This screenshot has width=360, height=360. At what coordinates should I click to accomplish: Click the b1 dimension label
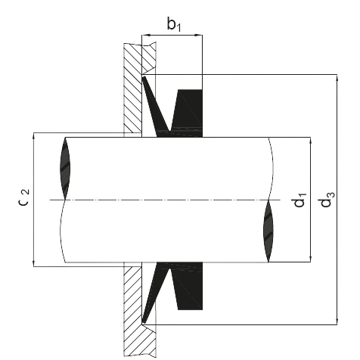click(x=174, y=24)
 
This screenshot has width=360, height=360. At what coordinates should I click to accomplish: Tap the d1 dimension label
click(x=300, y=200)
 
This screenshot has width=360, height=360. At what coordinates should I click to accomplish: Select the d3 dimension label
click(x=327, y=199)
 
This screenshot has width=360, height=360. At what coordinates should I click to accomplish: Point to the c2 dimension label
click(x=24, y=197)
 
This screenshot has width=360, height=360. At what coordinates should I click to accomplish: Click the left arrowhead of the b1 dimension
click(x=146, y=35)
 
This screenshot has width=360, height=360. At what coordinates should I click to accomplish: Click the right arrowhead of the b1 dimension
click(x=198, y=35)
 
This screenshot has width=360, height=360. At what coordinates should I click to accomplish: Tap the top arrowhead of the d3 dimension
click(x=337, y=79)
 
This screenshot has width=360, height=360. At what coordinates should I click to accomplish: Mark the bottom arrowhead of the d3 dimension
click(x=337, y=321)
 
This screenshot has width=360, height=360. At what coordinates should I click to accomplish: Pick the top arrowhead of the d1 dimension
click(x=310, y=141)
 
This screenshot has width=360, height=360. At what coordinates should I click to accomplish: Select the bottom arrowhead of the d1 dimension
click(x=310, y=258)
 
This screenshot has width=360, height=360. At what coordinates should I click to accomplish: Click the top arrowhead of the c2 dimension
click(x=33, y=137)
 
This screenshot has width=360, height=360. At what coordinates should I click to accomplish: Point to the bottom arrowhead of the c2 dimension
click(x=33, y=262)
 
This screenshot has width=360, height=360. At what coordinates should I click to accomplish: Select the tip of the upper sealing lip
click(x=144, y=78)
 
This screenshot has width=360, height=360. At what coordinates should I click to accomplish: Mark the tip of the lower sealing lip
click(x=144, y=321)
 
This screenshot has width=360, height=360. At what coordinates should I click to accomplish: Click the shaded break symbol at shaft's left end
click(x=65, y=169)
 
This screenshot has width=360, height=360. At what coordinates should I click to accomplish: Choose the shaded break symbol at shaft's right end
click(x=268, y=231)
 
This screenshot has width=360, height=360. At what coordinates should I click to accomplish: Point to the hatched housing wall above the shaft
click(x=132, y=88)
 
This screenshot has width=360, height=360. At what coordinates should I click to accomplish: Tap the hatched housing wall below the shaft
click(x=132, y=310)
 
